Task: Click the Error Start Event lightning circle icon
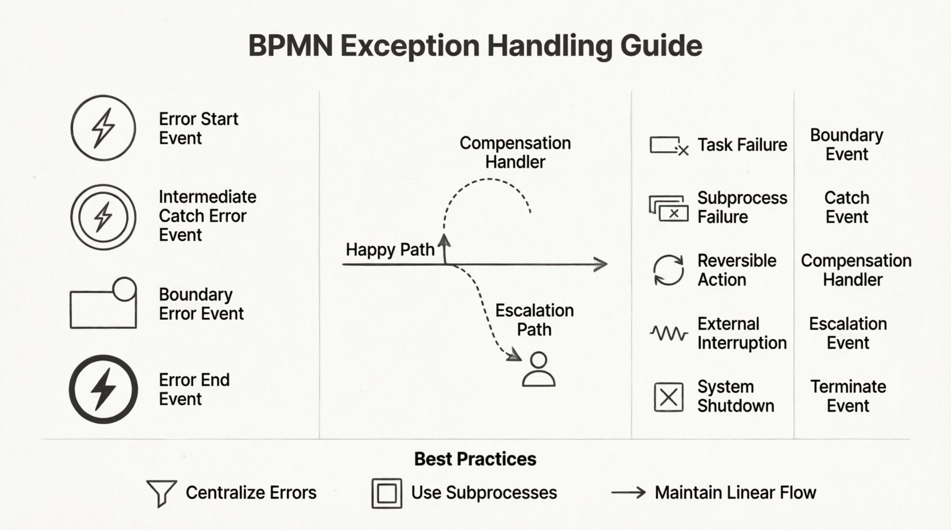click(103, 128)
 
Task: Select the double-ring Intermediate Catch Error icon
click(103, 217)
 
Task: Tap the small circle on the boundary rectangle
click(125, 289)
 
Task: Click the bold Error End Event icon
click(103, 389)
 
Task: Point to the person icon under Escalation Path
click(538, 370)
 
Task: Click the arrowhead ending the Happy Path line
click(601, 264)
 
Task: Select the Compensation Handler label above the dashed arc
click(515, 152)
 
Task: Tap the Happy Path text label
click(390, 250)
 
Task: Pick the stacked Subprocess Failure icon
click(668, 208)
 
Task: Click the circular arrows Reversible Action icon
click(668, 270)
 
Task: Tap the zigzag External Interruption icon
click(668, 333)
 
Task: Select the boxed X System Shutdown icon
click(668, 397)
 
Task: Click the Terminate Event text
click(848, 396)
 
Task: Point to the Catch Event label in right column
click(846, 207)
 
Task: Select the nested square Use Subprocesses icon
click(387, 493)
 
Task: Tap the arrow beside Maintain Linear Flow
click(628, 492)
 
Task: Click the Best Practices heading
click(475, 459)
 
